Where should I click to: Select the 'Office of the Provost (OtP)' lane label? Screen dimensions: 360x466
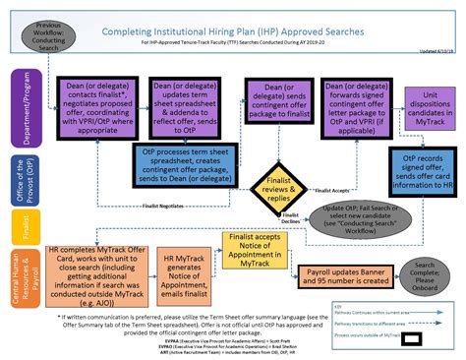13,174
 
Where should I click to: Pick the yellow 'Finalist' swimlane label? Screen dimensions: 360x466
13,219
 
